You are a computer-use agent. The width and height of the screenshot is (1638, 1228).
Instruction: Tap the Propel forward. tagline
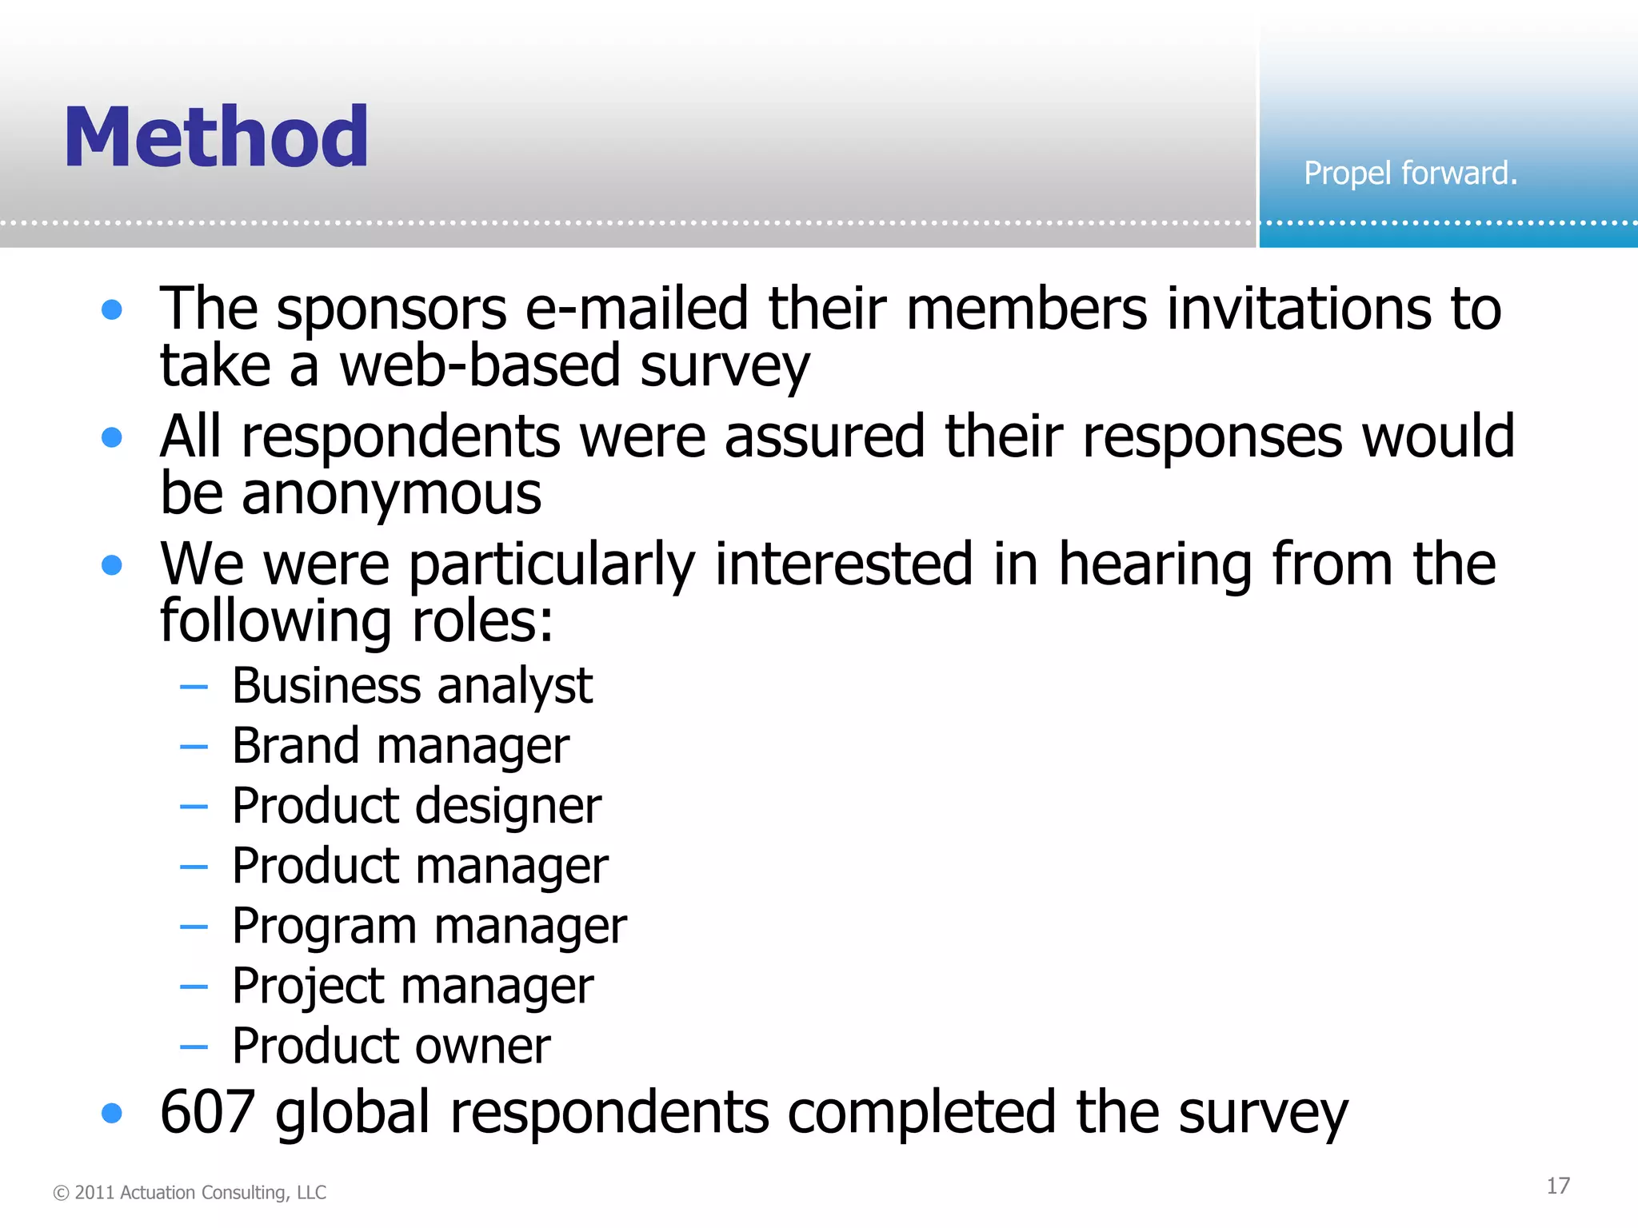pos(1410,173)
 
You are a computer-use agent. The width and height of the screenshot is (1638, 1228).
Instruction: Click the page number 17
pos(1557,1186)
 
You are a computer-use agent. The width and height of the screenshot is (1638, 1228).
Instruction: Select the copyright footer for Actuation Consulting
pos(190,1192)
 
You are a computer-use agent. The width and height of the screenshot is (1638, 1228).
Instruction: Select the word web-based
pos(480,365)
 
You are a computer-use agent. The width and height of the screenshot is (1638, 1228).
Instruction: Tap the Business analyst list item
pos(412,686)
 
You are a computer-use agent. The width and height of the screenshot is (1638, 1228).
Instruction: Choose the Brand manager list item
pos(401,746)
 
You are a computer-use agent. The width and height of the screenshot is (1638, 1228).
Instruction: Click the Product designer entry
pos(416,806)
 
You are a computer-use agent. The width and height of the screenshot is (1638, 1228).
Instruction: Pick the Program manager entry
pos(429,926)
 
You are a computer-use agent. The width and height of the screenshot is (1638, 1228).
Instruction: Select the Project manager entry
pos(413,986)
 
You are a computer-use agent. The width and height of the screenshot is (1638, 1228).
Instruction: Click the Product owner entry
pos(391,1046)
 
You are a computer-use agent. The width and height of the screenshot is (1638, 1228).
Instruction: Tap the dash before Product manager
pos(194,867)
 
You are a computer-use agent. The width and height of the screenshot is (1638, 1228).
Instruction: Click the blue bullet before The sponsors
pos(112,309)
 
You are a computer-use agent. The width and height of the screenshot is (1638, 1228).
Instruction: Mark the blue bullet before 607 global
pos(112,1113)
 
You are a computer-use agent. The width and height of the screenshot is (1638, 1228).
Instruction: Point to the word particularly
pos(552,564)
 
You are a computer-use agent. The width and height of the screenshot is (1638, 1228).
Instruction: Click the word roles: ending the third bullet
pos(481,621)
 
